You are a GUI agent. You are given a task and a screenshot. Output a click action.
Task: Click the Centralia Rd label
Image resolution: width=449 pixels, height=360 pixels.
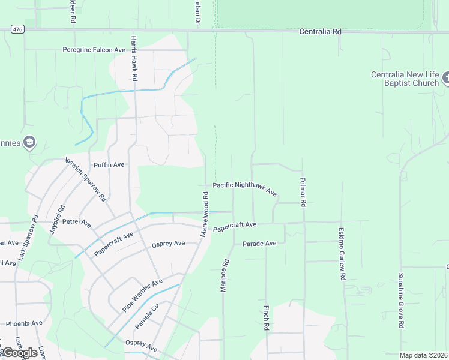point(320,31)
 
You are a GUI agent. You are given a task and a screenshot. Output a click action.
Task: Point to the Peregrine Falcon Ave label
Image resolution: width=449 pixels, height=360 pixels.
point(94,49)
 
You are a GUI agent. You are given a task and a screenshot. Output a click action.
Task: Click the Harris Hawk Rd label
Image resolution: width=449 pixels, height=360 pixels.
point(134,58)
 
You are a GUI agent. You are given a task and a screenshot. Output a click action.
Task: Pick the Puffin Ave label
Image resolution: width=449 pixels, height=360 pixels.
point(109,164)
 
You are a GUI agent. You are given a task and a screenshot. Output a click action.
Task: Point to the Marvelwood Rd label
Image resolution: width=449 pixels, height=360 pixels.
point(205,213)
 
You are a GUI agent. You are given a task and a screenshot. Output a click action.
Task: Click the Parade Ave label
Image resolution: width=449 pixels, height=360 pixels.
point(259,244)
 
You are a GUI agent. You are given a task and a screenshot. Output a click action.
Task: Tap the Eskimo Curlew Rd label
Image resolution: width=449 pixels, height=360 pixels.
point(341,254)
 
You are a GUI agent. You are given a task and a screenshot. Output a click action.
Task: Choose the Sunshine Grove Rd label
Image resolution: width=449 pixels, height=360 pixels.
point(401,300)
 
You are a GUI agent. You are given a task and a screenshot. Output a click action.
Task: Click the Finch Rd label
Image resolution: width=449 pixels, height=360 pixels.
point(265,318)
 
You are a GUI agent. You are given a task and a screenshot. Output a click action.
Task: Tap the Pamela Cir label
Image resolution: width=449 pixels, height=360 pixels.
point(146,316)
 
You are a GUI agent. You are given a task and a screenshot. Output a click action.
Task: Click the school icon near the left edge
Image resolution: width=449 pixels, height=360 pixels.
point(29,142)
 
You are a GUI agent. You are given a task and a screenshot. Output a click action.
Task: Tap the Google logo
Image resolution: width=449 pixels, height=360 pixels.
point(20,353)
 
